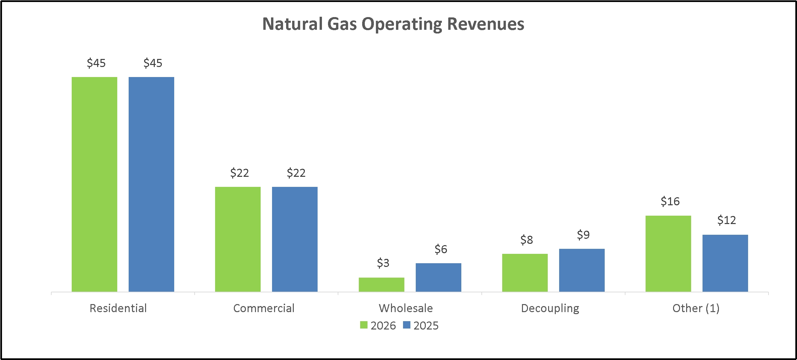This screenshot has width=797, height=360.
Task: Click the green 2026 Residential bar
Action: (94, 184)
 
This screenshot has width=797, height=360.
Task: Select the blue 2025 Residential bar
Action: (151, 184)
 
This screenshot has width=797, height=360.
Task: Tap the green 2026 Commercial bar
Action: (238, 239)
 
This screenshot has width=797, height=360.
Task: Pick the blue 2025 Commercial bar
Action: (295, 239)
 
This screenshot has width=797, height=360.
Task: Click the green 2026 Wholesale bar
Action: (382, 285)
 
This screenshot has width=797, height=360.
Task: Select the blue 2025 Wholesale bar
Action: (439, 277)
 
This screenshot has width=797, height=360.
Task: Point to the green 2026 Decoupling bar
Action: (525, 273)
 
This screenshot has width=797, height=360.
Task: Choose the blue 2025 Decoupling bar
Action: (582, 270)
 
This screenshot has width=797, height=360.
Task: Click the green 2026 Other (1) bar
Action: (668, 254)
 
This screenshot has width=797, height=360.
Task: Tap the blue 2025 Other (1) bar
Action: (725, 263)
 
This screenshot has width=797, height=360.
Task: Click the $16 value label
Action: (670, 201)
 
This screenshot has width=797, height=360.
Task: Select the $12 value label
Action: (727, 220)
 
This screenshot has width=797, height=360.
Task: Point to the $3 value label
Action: (383, 263)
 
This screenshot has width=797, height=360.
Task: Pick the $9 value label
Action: (583, 235)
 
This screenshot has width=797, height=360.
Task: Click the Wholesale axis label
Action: (406, 308)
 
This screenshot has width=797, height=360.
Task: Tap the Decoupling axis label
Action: (550, 308)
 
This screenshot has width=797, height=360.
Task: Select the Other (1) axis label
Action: (696, 308)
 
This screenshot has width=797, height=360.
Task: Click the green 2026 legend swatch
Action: (364, 325)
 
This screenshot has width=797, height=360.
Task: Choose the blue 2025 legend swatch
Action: (407, 325)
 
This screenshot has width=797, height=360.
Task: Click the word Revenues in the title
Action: (485, 24)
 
